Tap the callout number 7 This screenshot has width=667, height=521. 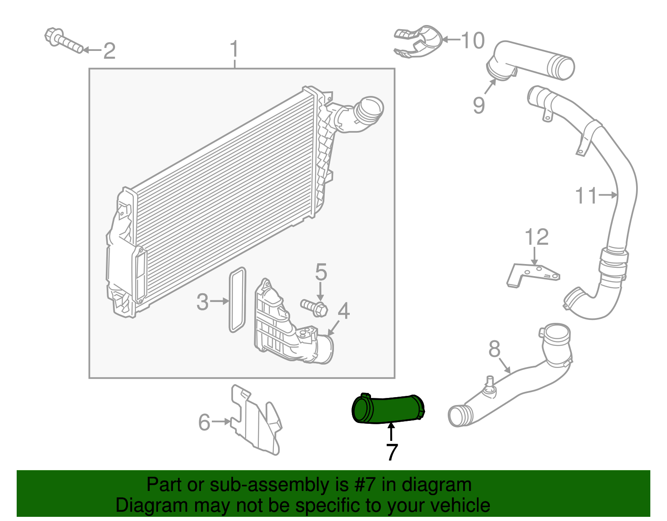point(391,453)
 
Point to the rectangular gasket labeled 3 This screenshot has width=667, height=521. point(237,300)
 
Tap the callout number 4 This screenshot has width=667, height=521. point(344,311)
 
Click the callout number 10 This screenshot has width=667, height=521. point(473,40)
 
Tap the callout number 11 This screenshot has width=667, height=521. point(586,195)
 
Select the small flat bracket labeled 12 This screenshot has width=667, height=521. point(532,274)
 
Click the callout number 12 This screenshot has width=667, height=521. point(536,237)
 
